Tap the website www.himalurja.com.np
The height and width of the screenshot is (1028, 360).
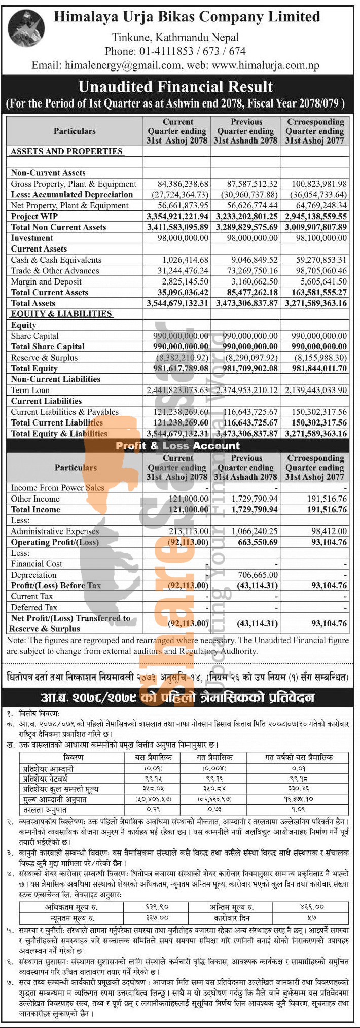tap(265, 65)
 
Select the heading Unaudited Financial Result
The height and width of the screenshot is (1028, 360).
tap(175, 87)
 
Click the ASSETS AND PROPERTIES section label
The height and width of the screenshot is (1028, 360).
tap(66, 151)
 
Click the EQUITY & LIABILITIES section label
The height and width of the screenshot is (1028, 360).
tap(61, 314)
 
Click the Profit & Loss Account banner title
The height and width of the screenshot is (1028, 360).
tap(177, 446)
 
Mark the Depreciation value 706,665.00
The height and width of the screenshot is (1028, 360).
tap(258, 575)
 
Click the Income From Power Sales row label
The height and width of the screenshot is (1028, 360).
tap(57, 488)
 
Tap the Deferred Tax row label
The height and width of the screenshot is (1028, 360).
tap(34, 607)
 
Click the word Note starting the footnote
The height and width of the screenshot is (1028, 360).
tap(16, 640)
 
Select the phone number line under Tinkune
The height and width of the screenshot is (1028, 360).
tap(175, 51)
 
